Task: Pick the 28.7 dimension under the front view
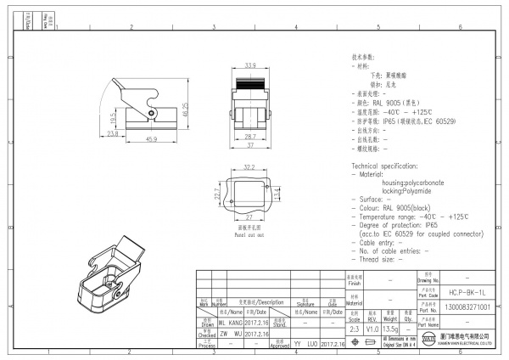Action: click(250, 136)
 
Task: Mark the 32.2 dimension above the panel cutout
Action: click(249, 167)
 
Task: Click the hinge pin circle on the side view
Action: click(149, 111)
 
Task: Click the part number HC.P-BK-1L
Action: click(467, 290)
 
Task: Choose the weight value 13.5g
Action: click(390, 328)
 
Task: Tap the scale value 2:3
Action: click(353, 328)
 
